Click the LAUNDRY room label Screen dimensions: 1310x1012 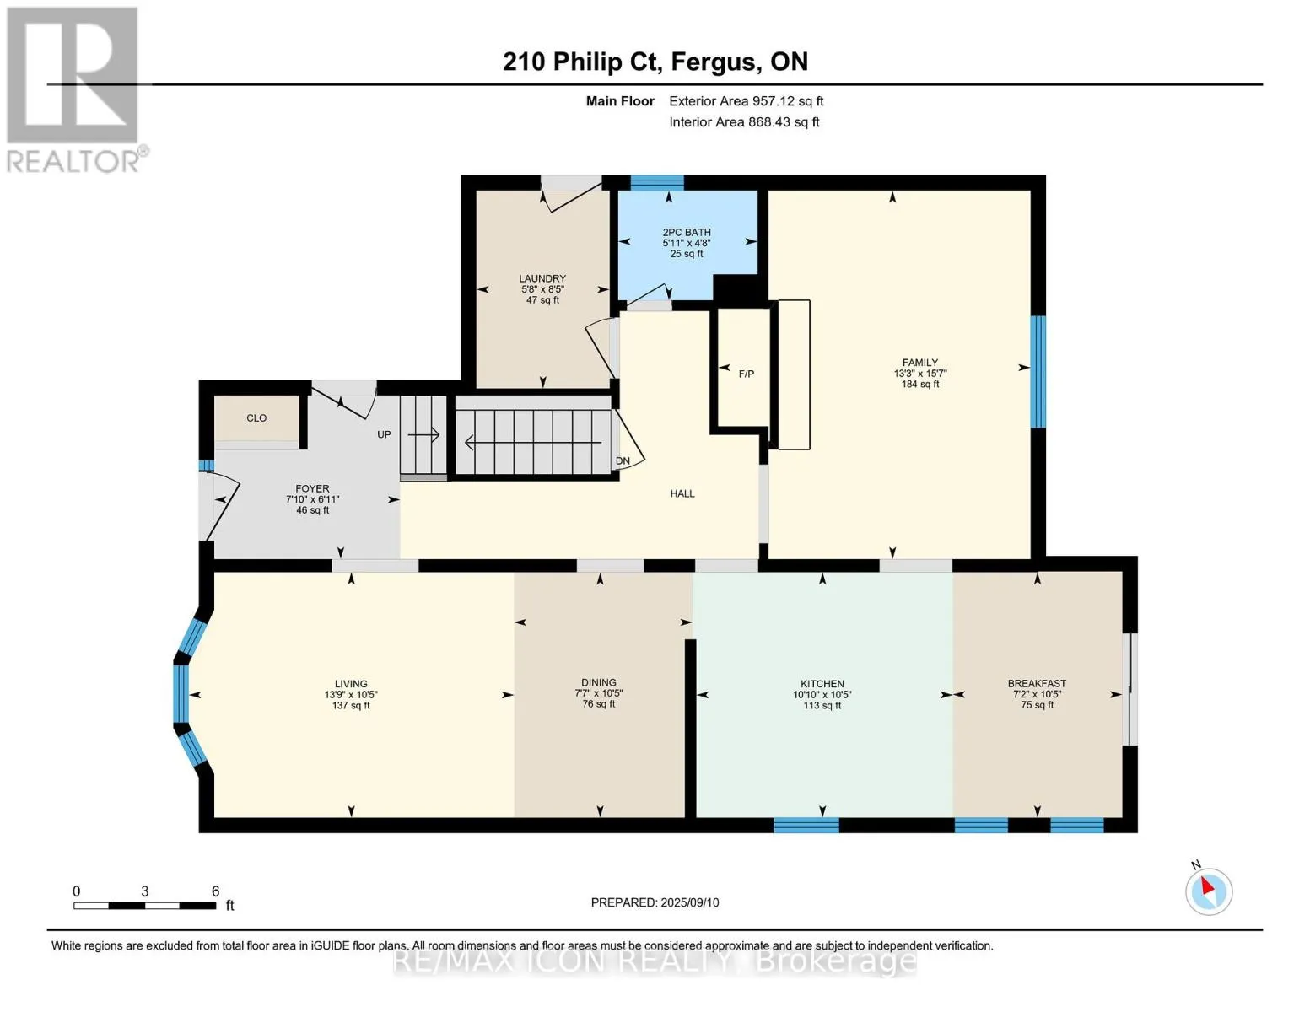point(542,278)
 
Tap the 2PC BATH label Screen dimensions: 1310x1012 point(687,232)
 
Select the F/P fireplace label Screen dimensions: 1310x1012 point(747,374)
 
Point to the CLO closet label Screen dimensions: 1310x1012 point(256,417)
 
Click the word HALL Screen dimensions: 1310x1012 point(682,493)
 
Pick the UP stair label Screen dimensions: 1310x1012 point(384,434)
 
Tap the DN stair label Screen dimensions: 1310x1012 point(623,460)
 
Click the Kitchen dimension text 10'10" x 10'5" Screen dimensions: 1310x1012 point(822,694)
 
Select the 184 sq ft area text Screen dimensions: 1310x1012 point(920,384)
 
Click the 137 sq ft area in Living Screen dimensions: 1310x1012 point(351,705)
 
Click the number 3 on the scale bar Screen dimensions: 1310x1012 point(145,891)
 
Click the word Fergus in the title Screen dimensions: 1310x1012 point(714,62)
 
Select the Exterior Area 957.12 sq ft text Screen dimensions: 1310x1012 point(747,100)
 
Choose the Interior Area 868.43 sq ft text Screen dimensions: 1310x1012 point(745,121)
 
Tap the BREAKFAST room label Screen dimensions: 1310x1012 point(1037,683)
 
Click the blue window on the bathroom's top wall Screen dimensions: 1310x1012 point(657,182)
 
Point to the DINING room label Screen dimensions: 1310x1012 point(599,683)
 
